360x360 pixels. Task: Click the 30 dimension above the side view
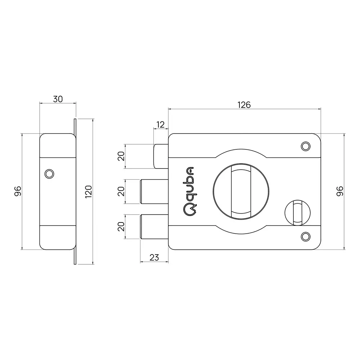(58, 99)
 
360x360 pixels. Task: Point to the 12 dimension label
(161, 125)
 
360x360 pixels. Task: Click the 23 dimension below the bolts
(154, 257)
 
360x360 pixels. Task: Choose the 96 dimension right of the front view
(339, 191)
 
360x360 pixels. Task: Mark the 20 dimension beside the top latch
(121, 156)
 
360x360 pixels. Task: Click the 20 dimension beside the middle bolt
(121, 191)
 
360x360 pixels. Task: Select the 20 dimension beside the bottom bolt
(121, 226)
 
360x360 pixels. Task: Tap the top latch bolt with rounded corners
(161, 156)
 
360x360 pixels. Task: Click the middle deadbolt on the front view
(153, 191)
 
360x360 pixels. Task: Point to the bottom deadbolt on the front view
(153, 226)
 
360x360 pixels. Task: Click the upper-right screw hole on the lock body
(305, 146)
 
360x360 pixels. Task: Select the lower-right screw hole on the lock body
(305, 236)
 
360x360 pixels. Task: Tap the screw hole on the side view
(49, 174)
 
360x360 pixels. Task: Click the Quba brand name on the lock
(189, 191)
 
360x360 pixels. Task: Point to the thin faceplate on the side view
(75, 191)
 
